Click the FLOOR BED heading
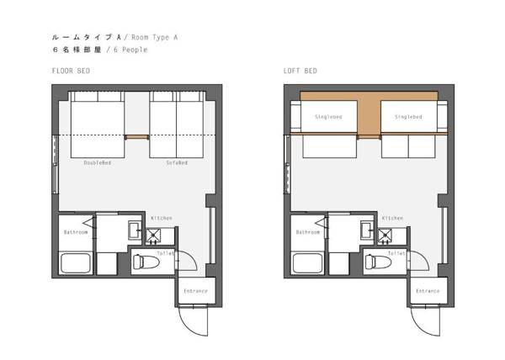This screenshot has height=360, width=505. (x=71, y=71)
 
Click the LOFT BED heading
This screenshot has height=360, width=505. (x=300, y=71)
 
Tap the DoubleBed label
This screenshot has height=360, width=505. (x=98, y=163)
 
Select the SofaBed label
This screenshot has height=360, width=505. (x=177, y=163)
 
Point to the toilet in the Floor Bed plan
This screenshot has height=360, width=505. (x=146, y=262)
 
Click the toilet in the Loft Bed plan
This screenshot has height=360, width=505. (x=378, y=262)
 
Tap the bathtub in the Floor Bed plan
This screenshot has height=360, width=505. (x=76, y=262)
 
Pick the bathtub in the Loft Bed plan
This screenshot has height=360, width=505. (x=308, y=262)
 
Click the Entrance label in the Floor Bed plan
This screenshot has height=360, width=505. (x=195, y=291)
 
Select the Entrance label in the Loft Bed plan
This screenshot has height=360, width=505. (x=428, y=291)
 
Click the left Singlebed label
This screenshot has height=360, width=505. (x=328, y=117)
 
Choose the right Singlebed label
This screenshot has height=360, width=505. (x=408, y=117)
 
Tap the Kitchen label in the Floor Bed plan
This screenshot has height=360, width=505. (x=162, y=218)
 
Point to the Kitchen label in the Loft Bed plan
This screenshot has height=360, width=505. (x=392, y=218)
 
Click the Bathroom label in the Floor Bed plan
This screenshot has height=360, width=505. (x=76, y=232)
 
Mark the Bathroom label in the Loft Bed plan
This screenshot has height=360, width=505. (x=308, y=232)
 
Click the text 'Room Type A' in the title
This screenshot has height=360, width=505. (x=154, y=37)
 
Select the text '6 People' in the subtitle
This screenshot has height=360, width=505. (x=130, y=50)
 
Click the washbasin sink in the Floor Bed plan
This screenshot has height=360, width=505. (x=135, y=230)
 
